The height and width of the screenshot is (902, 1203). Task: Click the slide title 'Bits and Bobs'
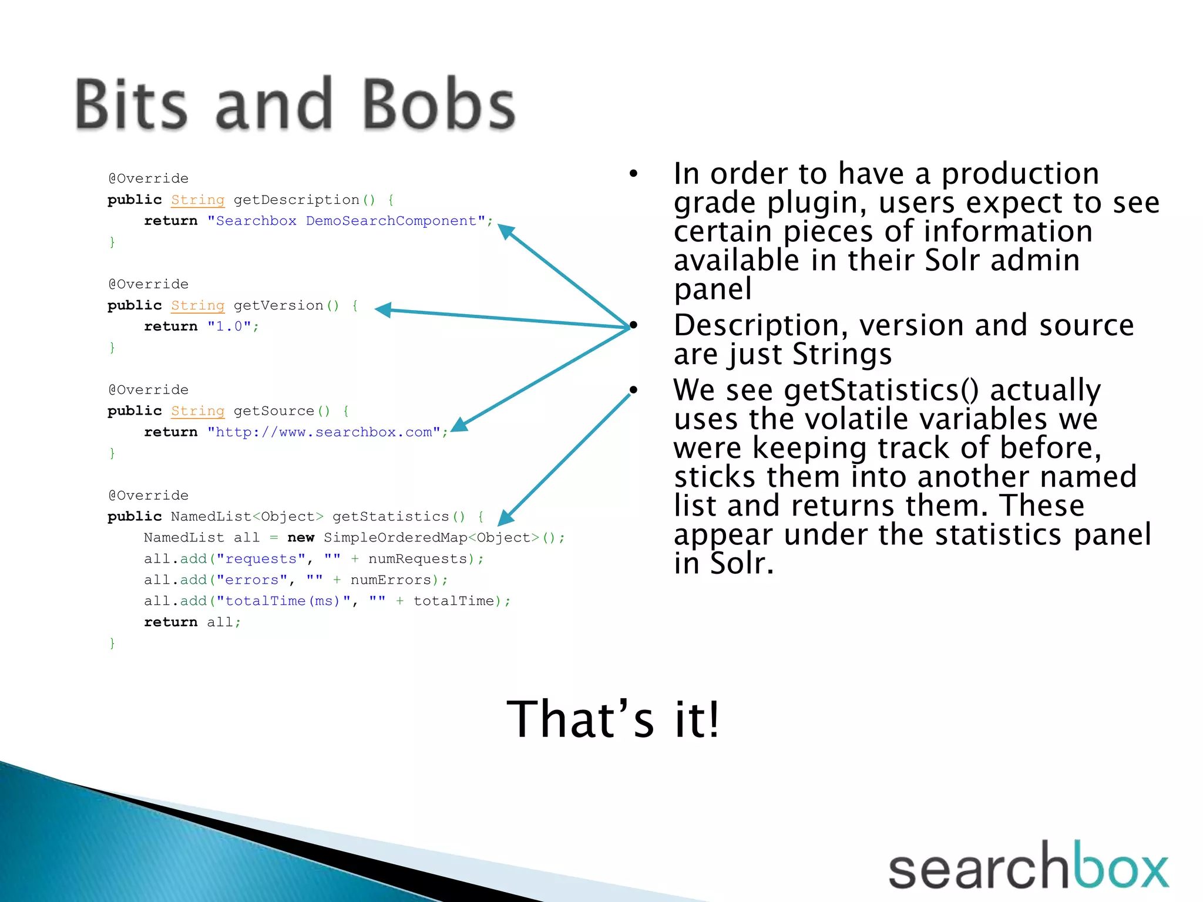pyautogui.click(x=295, y=105)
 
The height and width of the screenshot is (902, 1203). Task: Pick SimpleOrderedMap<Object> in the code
pyautogui.click(x=431, y=538)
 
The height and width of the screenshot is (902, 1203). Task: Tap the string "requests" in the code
pyautogui.click(x=261, y=559)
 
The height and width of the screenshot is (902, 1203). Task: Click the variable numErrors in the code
pyautogui.click(x=391, y=580)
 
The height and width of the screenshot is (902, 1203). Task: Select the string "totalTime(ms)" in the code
pyautogui.click(x=284, y=601)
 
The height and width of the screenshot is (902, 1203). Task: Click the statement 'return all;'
pyautogui.click(x=192, y=622)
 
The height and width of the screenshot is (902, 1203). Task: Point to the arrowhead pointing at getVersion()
pyautogui.click(x=383, y=309)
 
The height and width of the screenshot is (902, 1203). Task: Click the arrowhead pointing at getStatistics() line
pyautogui.click(x=505, y=517)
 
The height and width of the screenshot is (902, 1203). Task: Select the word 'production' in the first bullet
pyautogui.click(x=1020, y=174)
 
